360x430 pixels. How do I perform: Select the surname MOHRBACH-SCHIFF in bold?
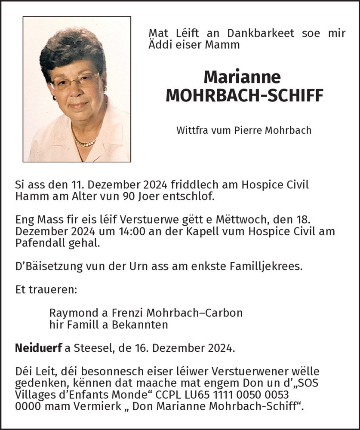click(x=244, y=96)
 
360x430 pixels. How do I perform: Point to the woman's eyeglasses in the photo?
click(x=75, y=81)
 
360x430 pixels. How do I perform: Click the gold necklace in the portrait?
click(x=84, y=142)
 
